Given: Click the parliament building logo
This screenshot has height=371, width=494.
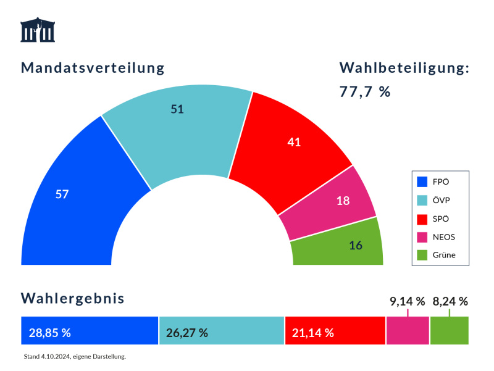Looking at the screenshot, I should (x=38, y=30).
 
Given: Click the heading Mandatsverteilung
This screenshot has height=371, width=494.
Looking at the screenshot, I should (x=93, y=68).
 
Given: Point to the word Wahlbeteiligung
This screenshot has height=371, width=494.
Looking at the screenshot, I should (x=404, y=68).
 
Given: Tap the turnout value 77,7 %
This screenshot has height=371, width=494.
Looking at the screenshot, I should (x=365, y=92).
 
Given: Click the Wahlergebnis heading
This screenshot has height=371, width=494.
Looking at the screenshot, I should (x=73, y=299).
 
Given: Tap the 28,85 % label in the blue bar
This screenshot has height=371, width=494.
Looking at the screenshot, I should (x=50, y=333).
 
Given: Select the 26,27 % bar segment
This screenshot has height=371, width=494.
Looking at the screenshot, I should (x=222, y=331).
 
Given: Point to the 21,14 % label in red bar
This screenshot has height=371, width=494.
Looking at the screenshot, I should (x=313, y=333).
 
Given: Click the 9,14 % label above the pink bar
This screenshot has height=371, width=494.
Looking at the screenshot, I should (x=407, y=302).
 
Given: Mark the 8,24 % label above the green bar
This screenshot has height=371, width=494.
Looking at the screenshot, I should (x=450, y=302).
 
